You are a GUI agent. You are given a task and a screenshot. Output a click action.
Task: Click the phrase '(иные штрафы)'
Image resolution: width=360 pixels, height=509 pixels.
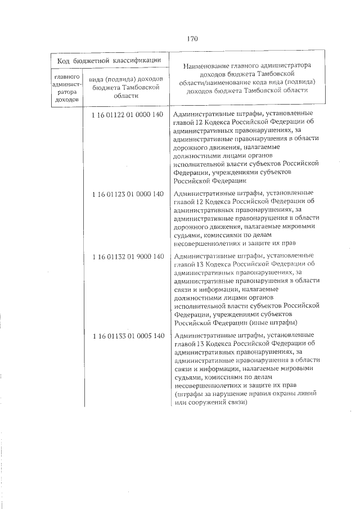pos(270,322)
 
